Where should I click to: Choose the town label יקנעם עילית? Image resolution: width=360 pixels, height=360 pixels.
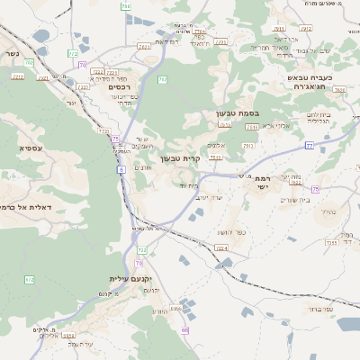[x=129, y=279]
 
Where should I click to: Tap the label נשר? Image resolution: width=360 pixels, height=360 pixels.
[x=11, y=55]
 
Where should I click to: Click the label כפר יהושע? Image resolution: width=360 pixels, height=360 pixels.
[x=230, y=233]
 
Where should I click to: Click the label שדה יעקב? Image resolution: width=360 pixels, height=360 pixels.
[x=209, y=196]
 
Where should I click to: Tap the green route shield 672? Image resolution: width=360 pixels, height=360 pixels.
[x=29, y=281]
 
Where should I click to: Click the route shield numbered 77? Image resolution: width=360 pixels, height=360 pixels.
[x=309, y=145]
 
